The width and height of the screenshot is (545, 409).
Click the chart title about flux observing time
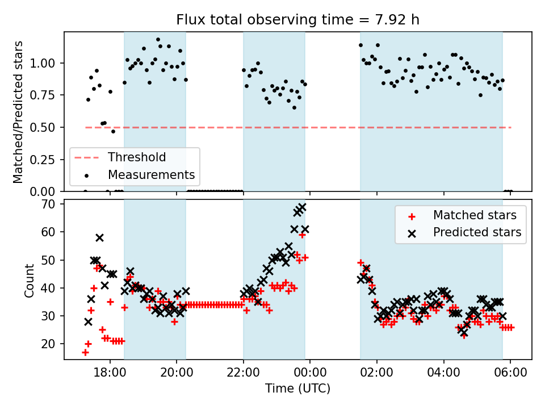pyautogui.click(x=297, y=20)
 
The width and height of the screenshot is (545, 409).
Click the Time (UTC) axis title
pyautogui.click(x=297, y=389)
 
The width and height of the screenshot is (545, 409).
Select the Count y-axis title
pyautogui.click(x=29, y=279)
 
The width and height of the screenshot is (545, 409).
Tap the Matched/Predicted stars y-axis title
pyautogui.click(x=18, y=112)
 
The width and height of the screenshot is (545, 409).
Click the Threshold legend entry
pyautogui.click(x=137, y=157)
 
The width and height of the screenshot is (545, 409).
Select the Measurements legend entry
pyautogui.click(x=151, y=174)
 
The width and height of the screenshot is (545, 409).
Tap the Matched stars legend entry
pyautogui.click(x=475, y=215)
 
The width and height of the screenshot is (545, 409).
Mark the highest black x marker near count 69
pyautogui.click(x=302, y=207)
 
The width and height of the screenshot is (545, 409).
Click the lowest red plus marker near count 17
pyautogui.click(x=85, y=352)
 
